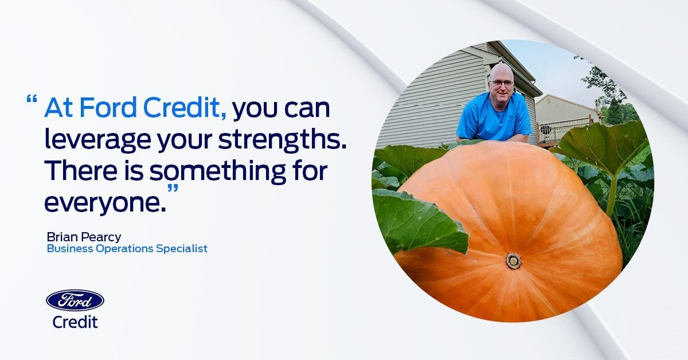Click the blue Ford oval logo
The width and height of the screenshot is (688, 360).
[x=75, y=300]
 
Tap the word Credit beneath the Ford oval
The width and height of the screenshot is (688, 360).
[x=75, y=322]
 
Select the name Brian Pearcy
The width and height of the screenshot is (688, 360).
[x=84, y=237]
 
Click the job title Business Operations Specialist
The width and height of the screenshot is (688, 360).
[x=127, y=248]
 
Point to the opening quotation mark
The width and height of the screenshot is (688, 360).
[x=32, y=99]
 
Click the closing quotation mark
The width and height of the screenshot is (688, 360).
[x=173, y=188]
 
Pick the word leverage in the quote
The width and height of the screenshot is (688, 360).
[x=97, y=140]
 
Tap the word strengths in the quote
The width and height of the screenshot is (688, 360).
[x=283, y=139]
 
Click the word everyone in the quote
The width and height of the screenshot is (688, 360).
[x=105, y=204]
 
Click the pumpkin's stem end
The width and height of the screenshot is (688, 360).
[x=513, y=261]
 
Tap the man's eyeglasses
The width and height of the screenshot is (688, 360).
[x=501, y=83]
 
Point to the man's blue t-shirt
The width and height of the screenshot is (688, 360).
[x=494, y=117]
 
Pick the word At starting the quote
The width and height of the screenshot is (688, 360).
[x=58, y=108]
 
